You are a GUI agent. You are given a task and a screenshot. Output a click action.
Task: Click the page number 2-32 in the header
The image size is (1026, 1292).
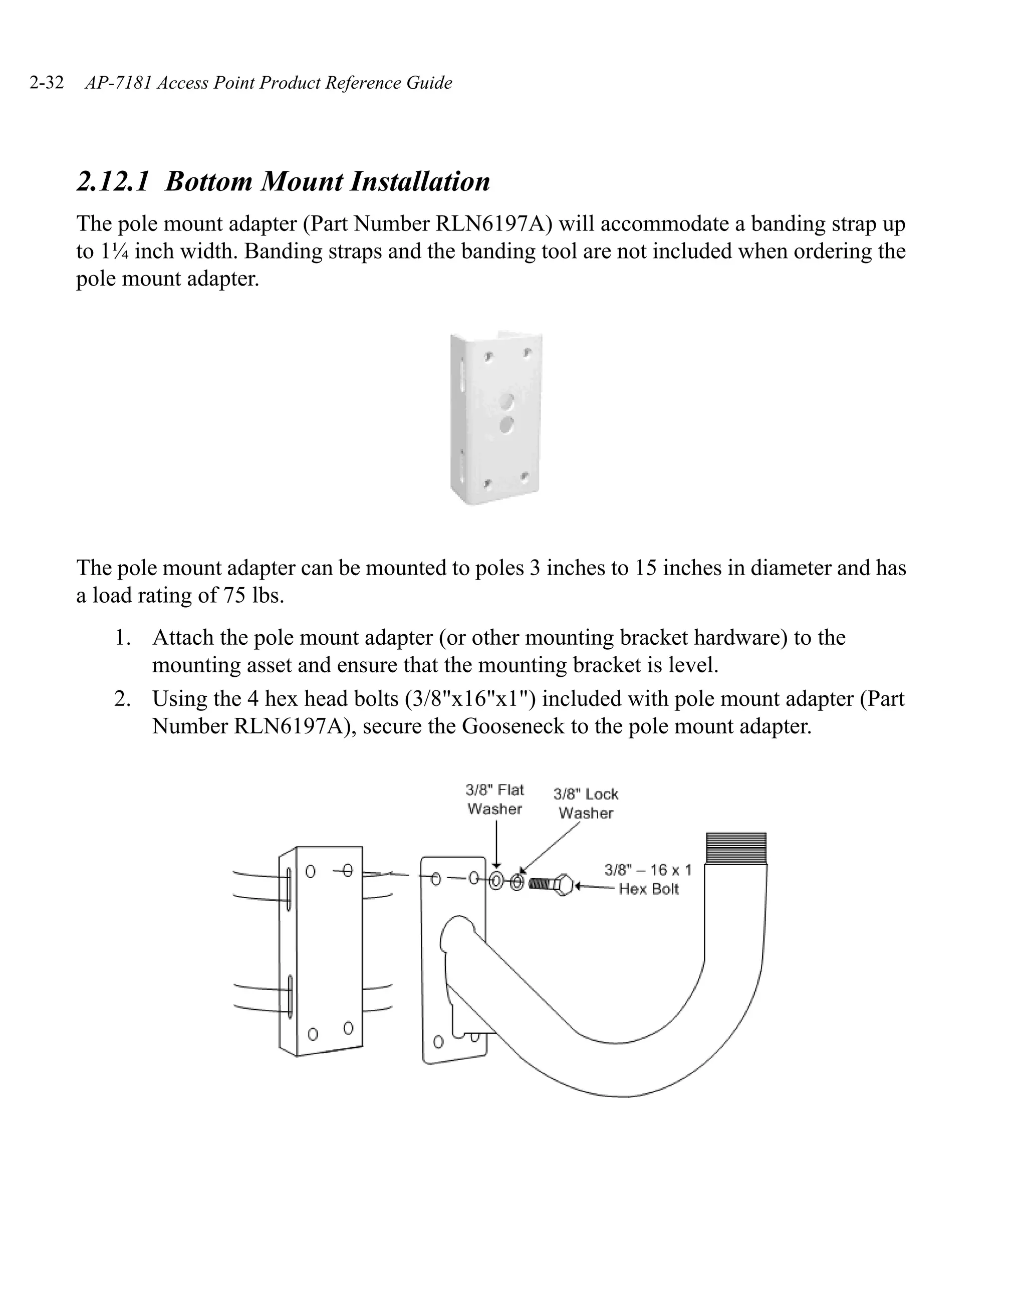(47, 83)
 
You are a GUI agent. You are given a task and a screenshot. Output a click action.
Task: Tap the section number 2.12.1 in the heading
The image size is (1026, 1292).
(113, 181)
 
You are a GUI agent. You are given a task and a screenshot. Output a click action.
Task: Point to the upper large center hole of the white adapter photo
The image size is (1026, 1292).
(507, 401)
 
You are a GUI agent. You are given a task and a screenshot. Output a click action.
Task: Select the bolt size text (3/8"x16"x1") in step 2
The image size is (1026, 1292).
(470, 699)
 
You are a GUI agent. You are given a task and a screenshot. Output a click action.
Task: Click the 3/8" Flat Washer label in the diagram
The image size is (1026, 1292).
(494, 799)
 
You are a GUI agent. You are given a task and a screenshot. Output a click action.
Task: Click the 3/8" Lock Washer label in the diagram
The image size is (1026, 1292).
(586, 803)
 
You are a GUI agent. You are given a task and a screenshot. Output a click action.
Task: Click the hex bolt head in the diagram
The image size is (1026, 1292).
(564, 885)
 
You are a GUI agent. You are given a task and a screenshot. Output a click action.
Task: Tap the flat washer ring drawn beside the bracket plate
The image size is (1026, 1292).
(496, 881)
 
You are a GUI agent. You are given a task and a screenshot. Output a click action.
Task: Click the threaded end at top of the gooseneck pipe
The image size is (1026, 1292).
(736, 847)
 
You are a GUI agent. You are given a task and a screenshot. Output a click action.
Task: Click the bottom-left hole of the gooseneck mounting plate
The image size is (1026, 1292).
(438, 1042)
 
